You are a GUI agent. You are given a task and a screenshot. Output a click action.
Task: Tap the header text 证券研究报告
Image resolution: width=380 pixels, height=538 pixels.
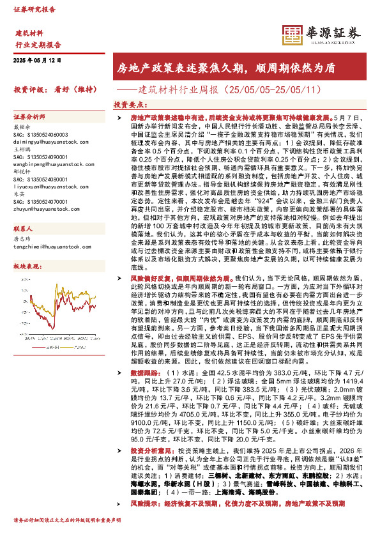click(34, 10)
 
